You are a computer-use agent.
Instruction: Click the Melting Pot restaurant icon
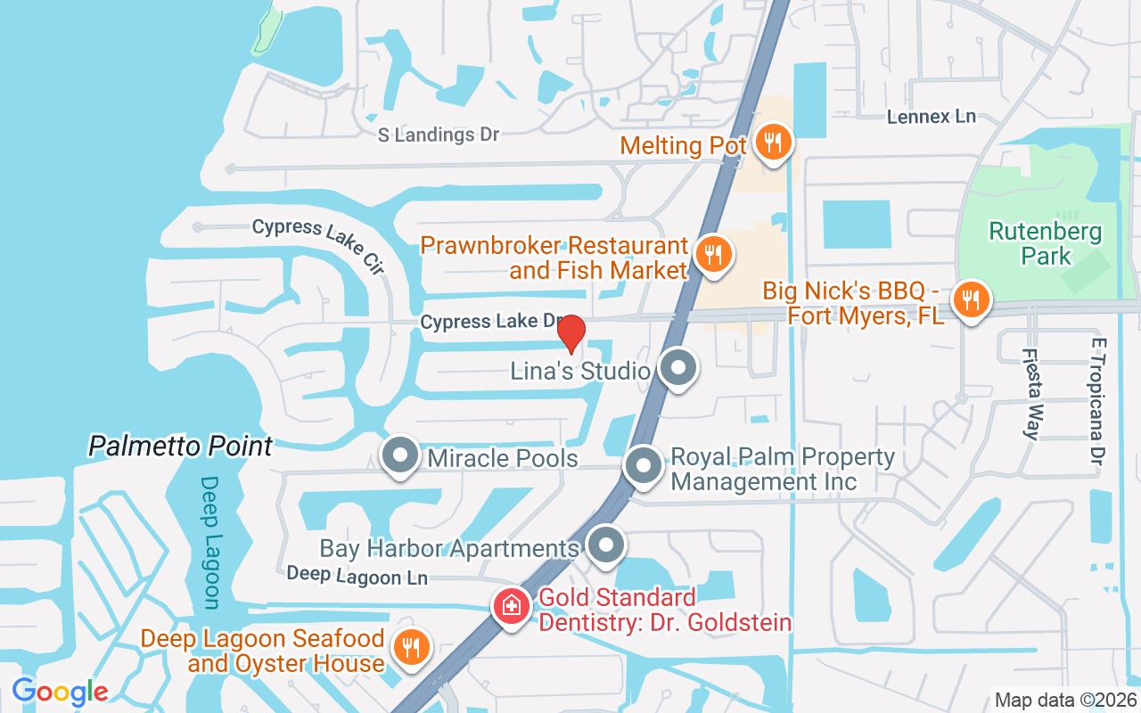[773, 141]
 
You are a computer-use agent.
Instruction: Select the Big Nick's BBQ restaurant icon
[970, 299]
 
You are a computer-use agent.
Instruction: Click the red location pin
[570, 333]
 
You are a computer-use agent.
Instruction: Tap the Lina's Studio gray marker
[679, 367]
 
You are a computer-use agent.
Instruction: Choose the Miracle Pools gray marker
[400, 456]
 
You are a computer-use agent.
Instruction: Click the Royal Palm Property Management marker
[643, 466]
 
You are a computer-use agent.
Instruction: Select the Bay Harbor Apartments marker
[607, 545]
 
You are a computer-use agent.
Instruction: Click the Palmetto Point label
[180, 446]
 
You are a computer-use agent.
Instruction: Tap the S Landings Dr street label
[438, 135]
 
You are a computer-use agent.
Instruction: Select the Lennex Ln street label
[932, 117]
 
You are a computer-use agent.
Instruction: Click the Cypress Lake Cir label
[317, 242]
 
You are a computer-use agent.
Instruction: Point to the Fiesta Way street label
[1030, 393]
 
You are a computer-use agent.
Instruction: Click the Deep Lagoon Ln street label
[357, 576]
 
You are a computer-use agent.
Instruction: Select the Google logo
[60, 691]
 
